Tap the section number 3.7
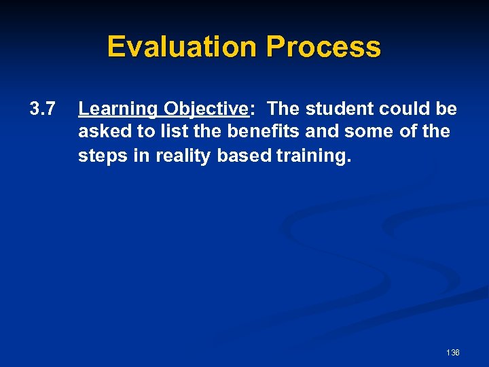pos(42,109)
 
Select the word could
pos(406,109)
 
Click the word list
pos(170,132)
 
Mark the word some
pos(366,132)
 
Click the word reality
pos(183,155)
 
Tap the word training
pos(314,155)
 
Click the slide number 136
pos(453,353)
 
